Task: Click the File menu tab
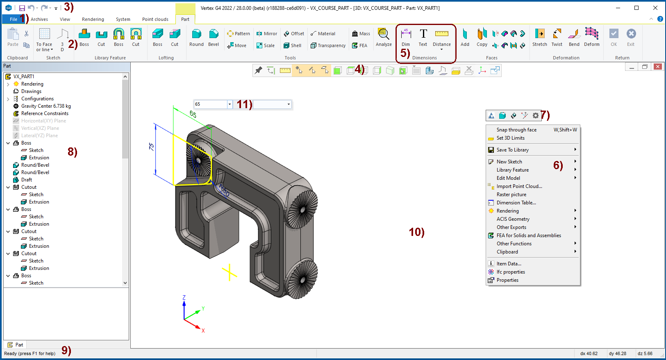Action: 13,19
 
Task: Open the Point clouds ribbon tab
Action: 155,19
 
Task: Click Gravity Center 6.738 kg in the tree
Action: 45,106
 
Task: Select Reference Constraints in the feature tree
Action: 45,113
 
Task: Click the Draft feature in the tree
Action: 26,180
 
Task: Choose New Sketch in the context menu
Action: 509,162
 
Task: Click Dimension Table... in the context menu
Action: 516,203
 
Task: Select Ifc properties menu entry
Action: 511,272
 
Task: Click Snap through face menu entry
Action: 516,130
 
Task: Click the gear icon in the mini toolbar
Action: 535,115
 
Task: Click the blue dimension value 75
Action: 151,147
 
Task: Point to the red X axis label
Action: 203,331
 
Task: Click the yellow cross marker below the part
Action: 230,272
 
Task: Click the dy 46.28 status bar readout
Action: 617,353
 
